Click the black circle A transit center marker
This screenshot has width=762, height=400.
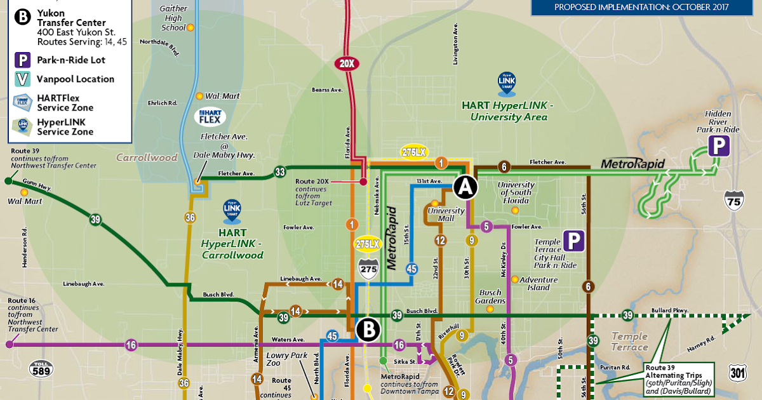tap(465, 187)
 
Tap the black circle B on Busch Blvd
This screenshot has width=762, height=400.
tap(368, 330)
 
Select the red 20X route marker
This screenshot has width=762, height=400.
tap(347, 63)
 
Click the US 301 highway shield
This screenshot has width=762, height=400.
tap(738, 373)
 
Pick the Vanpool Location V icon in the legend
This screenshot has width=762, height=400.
tap(23, 79)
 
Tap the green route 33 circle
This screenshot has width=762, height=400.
tap(280, 171)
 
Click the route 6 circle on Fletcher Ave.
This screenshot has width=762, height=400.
tap(504, 167)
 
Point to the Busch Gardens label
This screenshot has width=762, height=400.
tap(491, 297)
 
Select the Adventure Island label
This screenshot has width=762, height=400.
tap(538, 283)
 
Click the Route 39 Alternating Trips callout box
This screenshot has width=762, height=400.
tap(677, 380)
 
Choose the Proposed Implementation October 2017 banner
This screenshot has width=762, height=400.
tap(641, 8)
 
